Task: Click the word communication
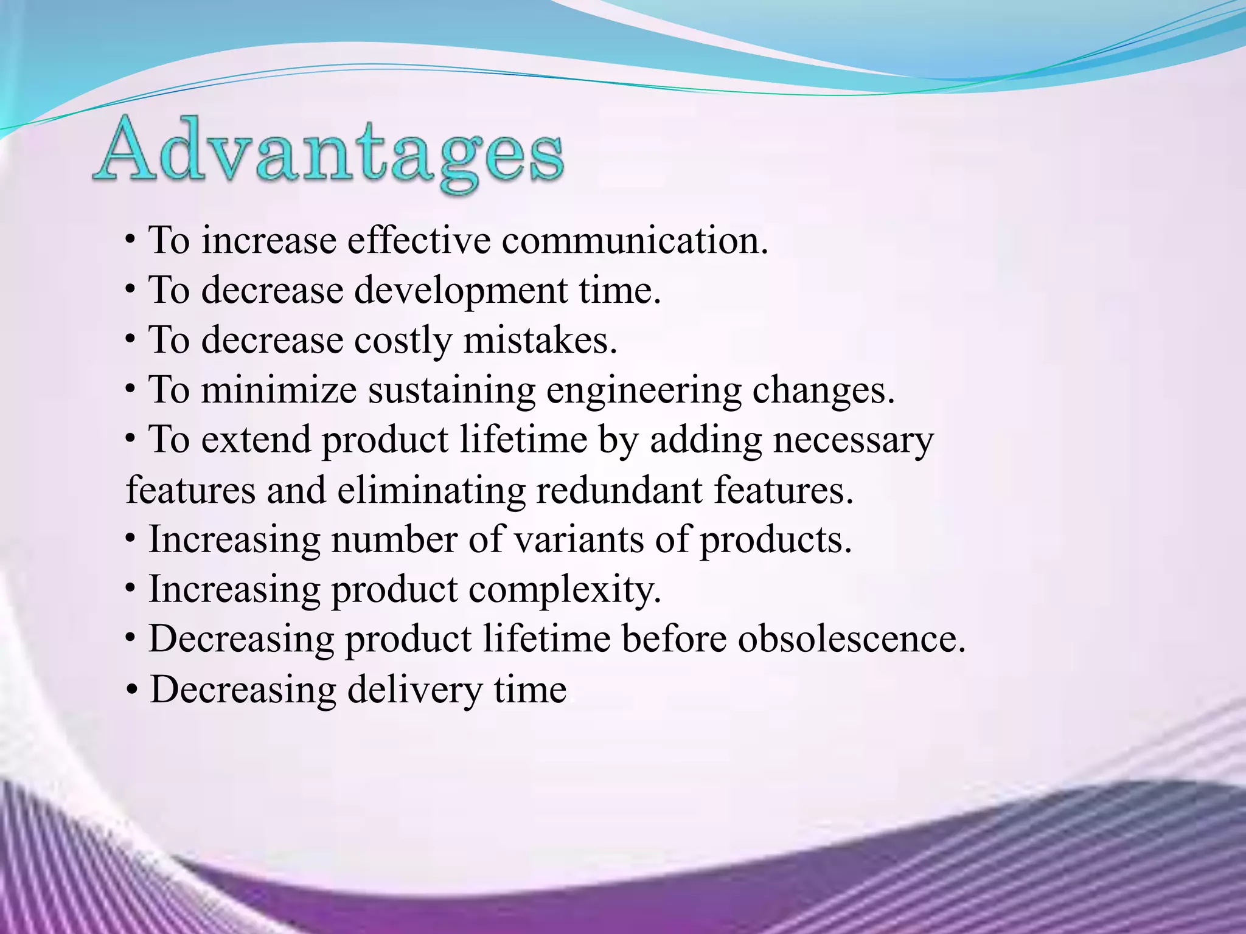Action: click(634, 240)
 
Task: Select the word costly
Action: click(403, 341)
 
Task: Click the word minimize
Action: click(279, 390)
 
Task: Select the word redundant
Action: click(619, 490)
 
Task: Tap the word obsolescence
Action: click(851, 639)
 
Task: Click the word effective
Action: click(419, 240)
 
